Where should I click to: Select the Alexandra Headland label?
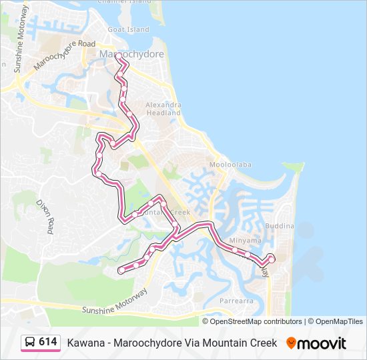pyautogui.click(x=163, y=109)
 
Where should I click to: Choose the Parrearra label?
pyautogui.click(x=236, y=301)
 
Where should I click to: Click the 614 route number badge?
pyautogui.click(x=47, y=342)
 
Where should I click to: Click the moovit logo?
pyautogui.click(x=316, y=343)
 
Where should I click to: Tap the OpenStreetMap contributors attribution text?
pyautogui.click(x=256, y=321)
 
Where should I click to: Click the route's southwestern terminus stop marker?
pyautogui.click(x=121, y=270)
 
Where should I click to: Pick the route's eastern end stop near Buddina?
pyautogui.click(x=271, y=257)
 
